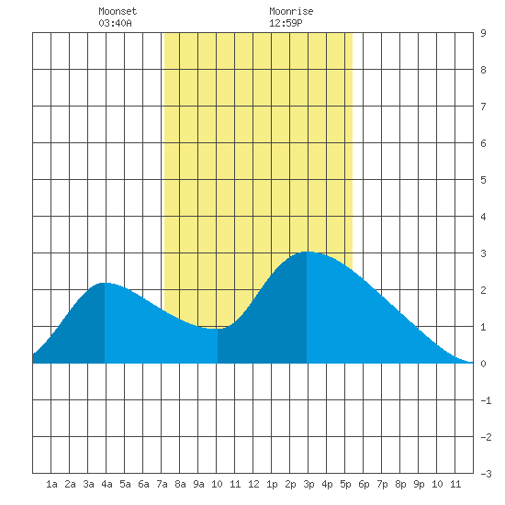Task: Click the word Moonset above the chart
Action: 118,11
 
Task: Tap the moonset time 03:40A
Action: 115,23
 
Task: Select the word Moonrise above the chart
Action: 291,11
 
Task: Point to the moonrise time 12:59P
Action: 286,23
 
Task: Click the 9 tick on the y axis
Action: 483,33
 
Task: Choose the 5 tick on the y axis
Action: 483,180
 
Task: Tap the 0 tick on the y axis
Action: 483,364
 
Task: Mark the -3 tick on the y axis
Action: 486,474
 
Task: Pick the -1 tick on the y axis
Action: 486,400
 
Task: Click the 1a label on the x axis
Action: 51,484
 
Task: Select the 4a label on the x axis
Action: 107,484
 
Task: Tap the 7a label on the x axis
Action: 162,484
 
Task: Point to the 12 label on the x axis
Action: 253,484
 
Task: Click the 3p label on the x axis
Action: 309,484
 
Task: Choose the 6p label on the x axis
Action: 364,484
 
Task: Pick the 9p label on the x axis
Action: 419,484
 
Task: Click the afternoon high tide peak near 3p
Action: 307,252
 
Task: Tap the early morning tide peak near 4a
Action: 105,283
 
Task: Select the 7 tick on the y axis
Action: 483,107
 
